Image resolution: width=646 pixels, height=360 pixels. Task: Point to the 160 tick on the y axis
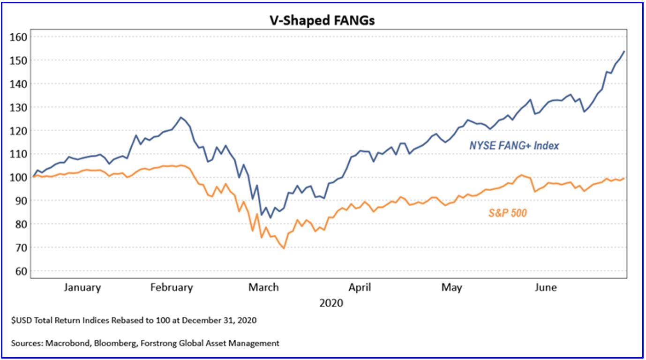[x=20, y=37]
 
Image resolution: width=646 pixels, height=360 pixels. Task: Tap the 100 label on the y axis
[x=20, y=177]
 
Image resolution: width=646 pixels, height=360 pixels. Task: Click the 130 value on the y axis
[x=20, y=107]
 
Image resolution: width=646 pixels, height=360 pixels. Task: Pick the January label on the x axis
[x=83, y=287]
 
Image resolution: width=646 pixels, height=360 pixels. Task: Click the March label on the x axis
[x=263, y=287]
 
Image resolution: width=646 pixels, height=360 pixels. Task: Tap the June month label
[x=546, y=287]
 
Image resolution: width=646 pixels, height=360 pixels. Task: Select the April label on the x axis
[x=360, y=287]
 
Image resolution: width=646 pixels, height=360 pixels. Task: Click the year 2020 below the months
[x=331, y=303]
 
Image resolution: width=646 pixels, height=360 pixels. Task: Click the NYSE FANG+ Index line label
[x=514, y=146]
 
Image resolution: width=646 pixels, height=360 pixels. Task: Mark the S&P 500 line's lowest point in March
[x=284, y=248]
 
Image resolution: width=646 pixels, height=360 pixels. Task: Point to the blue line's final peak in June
[x=624, y=52]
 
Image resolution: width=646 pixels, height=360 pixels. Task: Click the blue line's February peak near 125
[x=181, y=117]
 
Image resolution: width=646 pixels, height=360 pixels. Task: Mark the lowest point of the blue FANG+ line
[x=270, y=218]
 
